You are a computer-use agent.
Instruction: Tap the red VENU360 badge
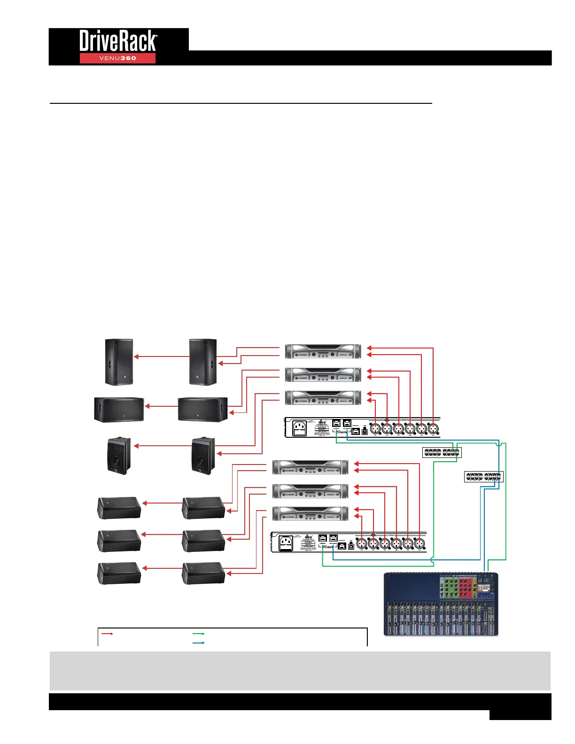(x=117, y=58)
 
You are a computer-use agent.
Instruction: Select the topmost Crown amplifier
(x=323, y=351)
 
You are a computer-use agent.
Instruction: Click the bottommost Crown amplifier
(x=311, y=513)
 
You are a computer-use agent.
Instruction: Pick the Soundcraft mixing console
(x=441, y=604)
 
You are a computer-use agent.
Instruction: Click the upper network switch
(x=442, y=452)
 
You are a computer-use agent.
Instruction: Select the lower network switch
(x=483, y=476)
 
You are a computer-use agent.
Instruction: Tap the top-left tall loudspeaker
(x=119, y=362)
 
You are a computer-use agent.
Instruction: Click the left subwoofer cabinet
(x=119, y=409)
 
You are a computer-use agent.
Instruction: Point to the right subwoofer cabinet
(x=202, y=409)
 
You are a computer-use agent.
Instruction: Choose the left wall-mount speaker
(x=118, y=455)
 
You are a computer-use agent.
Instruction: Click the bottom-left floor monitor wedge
(x=119, y=573)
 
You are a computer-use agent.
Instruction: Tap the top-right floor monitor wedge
(x=203, y=508)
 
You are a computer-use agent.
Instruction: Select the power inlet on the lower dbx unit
(x=286, y=543)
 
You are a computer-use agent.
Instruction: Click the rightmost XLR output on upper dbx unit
(x=433, y=428)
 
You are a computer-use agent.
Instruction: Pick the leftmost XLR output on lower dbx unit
(x=361, y=543)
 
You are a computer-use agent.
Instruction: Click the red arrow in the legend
(x=108, y=634)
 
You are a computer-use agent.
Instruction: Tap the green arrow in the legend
(x=199, y=634)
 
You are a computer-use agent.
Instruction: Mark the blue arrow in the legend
(x=199, y=643)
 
